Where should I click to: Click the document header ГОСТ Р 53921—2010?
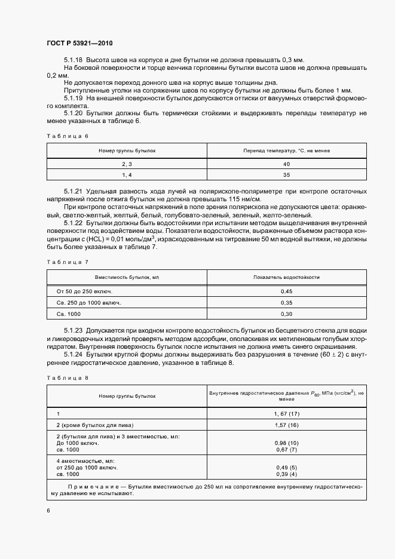(x=79, y=44)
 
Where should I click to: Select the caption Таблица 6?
(x=67, y=136)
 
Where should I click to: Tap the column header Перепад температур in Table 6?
(x=286, y=151)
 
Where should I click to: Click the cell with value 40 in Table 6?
(x=286, y=164)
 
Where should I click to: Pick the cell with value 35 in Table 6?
(x=286, y=174)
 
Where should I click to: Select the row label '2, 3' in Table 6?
(x=127, y=164)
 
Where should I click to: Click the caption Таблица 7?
(x=67, y=262)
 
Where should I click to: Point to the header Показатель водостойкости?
(x=286, y=277)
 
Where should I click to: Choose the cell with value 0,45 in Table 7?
(x=286, y=291)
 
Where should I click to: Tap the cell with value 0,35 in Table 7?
(x=286, y=303)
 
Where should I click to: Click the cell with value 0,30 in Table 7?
(x=286, y=314)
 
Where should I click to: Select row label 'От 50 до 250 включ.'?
(x=84, y=291)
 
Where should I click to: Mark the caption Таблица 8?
(x=67, y=377)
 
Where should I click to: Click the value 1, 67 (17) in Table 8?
(x=286, y=413)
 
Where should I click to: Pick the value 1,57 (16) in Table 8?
(x=286, y=425)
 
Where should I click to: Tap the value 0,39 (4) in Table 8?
(x=286, y=474)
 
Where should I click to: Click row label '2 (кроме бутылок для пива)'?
(x=94, y=425)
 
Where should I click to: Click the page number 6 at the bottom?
(x=48, y=511)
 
